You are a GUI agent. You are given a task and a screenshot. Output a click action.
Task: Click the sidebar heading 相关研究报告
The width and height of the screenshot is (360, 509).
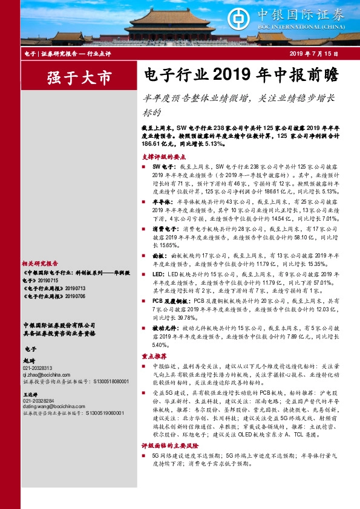pos(40,264)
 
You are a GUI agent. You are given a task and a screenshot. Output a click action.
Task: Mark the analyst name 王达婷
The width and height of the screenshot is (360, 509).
pos(29,393)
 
